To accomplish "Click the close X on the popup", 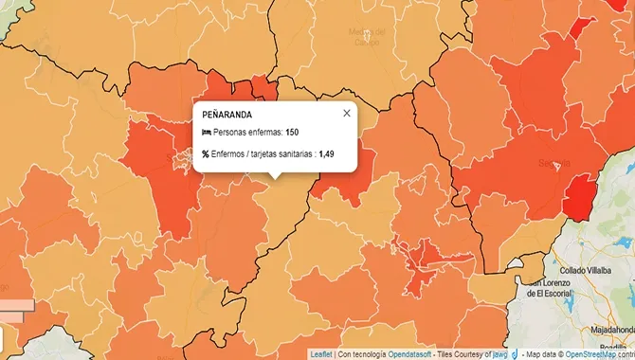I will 346,113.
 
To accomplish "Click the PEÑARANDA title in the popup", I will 227,115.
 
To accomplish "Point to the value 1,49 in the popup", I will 327,153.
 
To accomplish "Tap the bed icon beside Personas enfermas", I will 206,133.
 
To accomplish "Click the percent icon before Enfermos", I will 206,153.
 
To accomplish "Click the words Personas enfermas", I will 247,133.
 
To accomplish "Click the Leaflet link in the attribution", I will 321,354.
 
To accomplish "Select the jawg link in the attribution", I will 500,354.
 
